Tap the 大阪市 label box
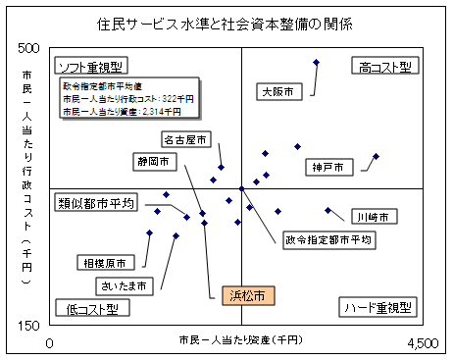tap(278, 92)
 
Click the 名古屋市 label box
tap(185, 140)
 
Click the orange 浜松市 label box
tap(247, 294)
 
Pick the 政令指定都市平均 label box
tap(328, 239)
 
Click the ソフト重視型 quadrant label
tap(89, 68)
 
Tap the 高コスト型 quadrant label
tap(382, 67)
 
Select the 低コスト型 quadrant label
tap(91, 308)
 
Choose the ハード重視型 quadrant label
tap(377, 308)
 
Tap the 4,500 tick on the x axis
tap(423, 342)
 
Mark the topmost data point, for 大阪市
tap(317, 63)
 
